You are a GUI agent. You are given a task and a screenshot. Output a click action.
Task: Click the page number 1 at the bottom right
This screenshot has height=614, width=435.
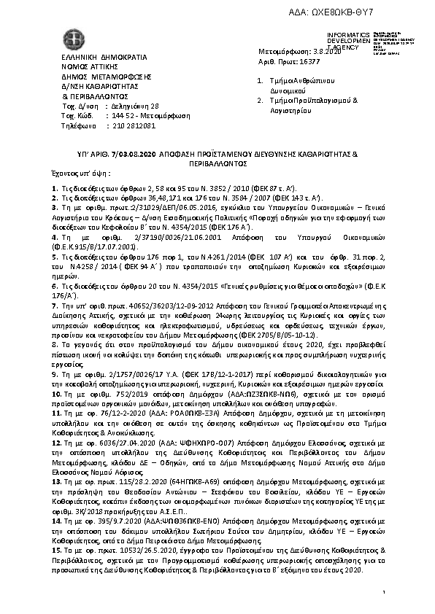tap(383, 596)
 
